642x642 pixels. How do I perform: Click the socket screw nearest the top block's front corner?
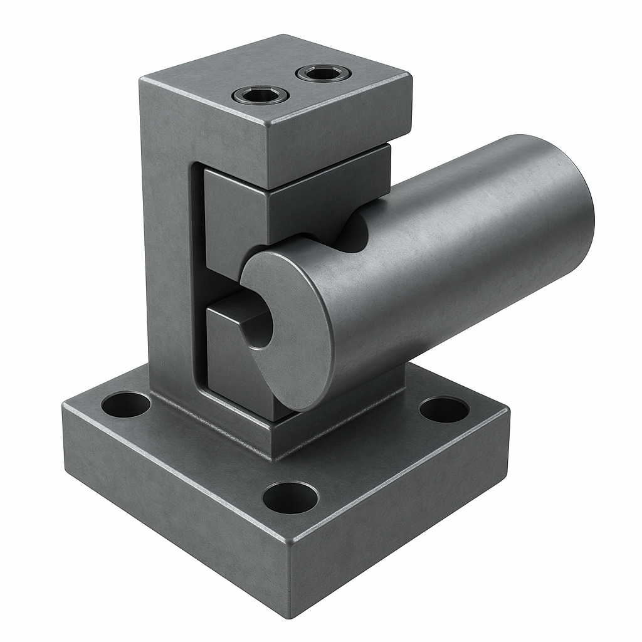coord(260,95)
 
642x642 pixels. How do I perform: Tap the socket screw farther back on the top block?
coord(323,73)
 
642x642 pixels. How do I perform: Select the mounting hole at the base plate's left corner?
coord(125,404)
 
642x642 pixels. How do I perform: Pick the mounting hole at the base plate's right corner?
coord(444,409)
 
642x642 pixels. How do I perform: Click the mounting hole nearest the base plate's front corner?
coord(290,497)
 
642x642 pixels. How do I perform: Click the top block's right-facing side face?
coord(339,135)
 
